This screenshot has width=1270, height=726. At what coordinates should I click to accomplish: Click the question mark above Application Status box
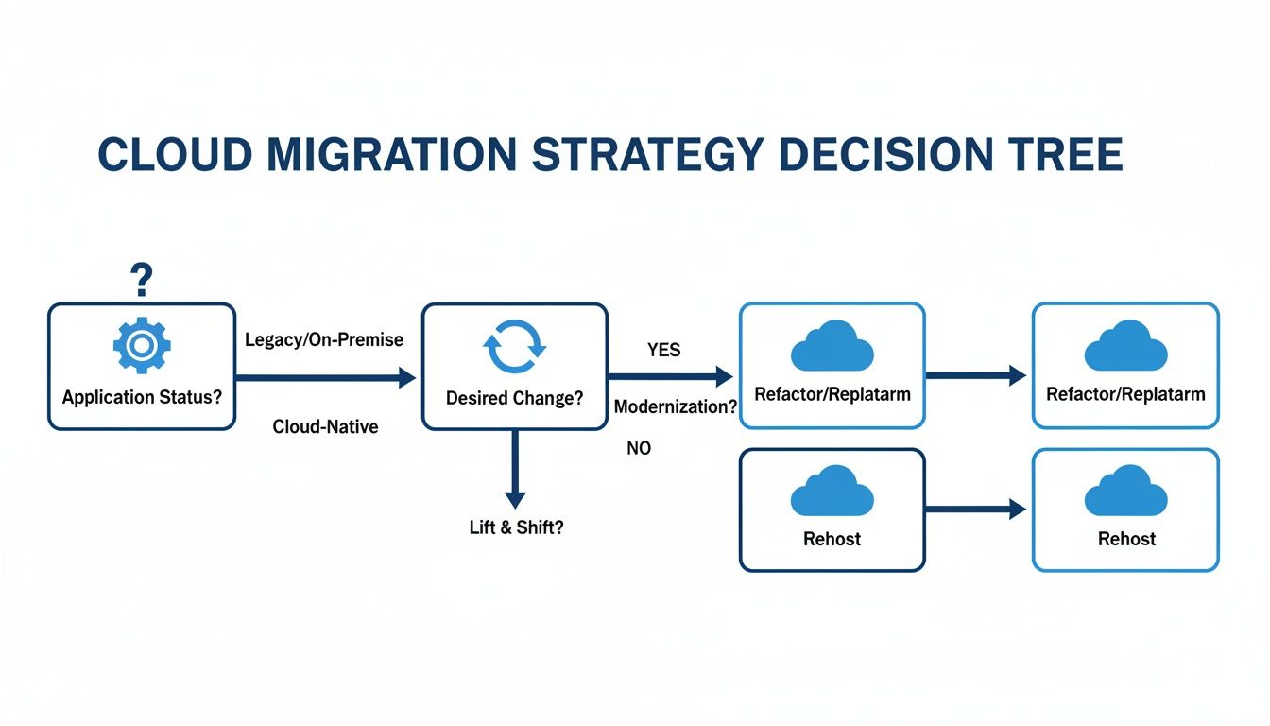141,280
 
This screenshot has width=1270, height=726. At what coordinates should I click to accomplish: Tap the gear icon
142,345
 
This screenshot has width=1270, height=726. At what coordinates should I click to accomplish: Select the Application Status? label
142,397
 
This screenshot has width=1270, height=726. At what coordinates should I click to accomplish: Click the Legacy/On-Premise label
324,339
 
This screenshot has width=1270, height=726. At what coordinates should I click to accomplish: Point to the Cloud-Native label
325,427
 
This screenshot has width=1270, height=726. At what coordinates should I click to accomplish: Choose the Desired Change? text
514,398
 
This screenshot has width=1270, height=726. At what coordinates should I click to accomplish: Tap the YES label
663,350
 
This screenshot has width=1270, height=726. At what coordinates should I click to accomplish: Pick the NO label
639,449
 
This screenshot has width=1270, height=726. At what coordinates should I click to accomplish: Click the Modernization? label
676,407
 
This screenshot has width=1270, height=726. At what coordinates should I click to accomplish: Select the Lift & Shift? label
516,527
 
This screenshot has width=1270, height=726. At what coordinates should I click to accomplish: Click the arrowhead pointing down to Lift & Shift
515,498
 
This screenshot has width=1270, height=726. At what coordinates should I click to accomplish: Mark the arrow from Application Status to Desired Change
326,378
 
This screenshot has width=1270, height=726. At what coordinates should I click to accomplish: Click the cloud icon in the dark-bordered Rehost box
832,493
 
